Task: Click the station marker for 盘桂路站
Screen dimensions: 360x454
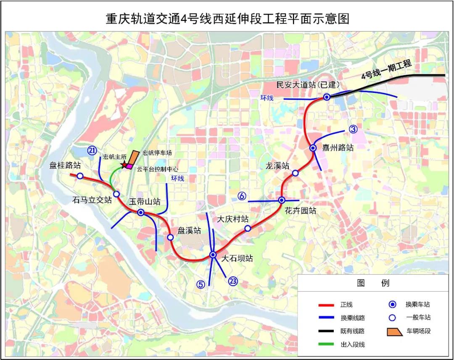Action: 80,176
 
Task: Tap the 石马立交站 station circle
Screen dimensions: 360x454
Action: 116,194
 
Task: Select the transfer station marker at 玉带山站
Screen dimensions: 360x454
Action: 141,212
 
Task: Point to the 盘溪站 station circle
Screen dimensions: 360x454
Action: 170,237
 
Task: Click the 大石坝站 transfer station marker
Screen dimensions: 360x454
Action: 213,255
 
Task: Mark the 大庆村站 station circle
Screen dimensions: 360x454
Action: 248,228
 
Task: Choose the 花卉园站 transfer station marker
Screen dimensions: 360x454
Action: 282,200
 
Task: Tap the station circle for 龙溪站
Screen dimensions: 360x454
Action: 295,173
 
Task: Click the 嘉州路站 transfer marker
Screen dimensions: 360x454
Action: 313,148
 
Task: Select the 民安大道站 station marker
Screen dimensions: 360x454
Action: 327,97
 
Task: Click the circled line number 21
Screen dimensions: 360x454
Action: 92,150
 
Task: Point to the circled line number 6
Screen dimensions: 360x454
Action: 242,195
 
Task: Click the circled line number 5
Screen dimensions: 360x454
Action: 201,284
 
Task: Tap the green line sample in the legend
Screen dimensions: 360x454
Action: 326,344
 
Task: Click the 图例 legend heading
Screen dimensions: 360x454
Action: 373,283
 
